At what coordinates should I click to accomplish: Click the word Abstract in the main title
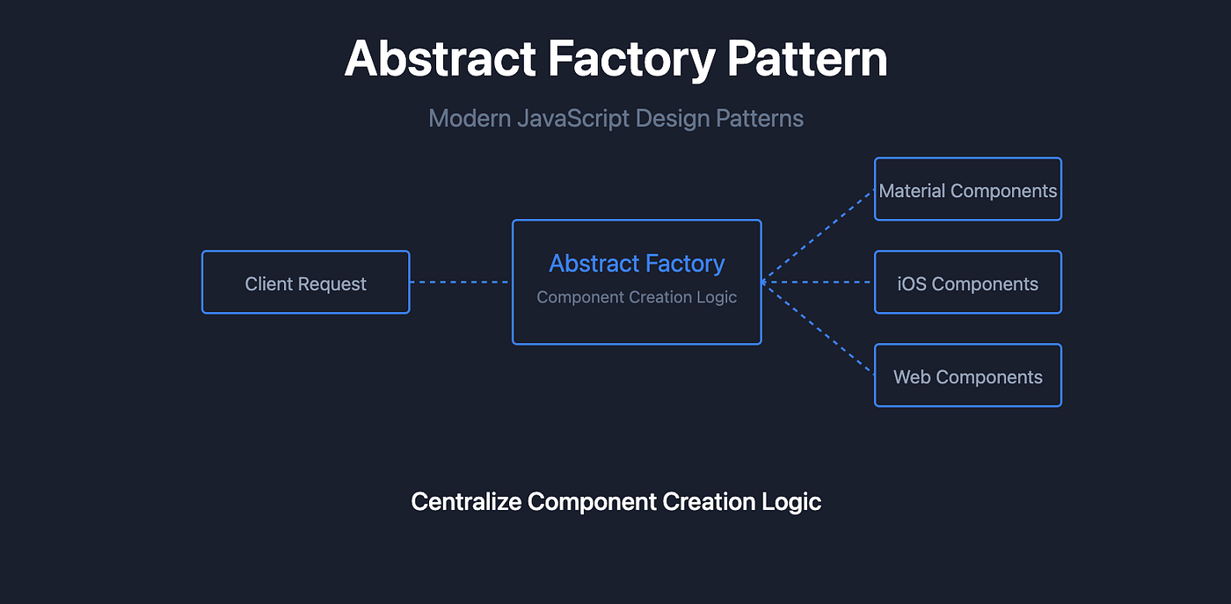(441, 59)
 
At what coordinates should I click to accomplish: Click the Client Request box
(305, 282)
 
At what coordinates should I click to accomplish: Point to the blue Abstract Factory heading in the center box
(637, 263)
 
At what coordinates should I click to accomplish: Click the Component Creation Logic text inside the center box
(637, 297)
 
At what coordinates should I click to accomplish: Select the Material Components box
(967, 189)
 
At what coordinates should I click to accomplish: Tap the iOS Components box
(967, 282)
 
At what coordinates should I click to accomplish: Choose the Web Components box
(967, 375)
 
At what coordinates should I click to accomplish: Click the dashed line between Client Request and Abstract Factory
(460, 282)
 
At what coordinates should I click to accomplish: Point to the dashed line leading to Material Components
(818, 235)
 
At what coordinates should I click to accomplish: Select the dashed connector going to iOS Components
(818, 282)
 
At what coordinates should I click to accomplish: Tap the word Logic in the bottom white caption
(791, 502)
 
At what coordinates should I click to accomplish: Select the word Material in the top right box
(912, 191)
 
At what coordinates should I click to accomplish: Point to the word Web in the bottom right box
(911, 377)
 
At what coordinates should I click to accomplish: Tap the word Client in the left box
(268, 284)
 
